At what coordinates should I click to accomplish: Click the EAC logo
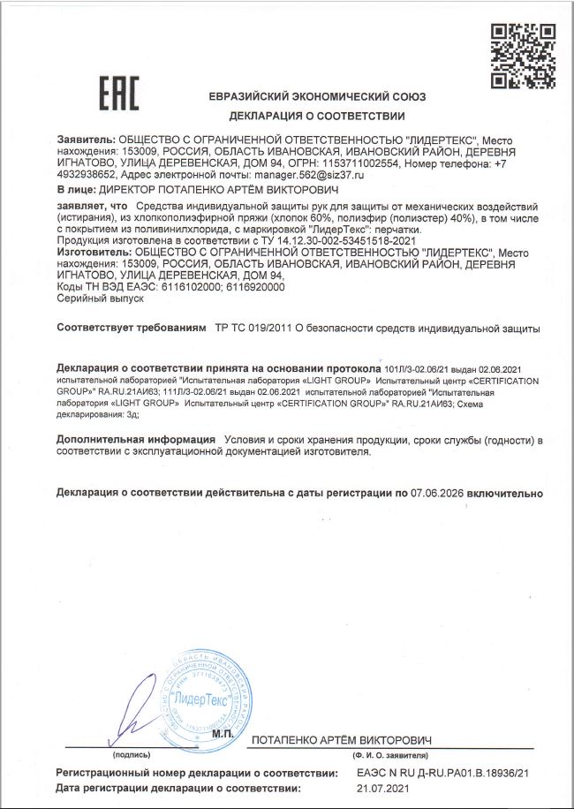coord(118,93)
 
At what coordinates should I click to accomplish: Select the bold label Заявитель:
coord(86,140)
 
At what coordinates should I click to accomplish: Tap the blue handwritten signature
coord(130,710)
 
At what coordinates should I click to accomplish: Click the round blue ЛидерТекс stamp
coord(204,698)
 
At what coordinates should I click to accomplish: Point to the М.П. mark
coord(223,735)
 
